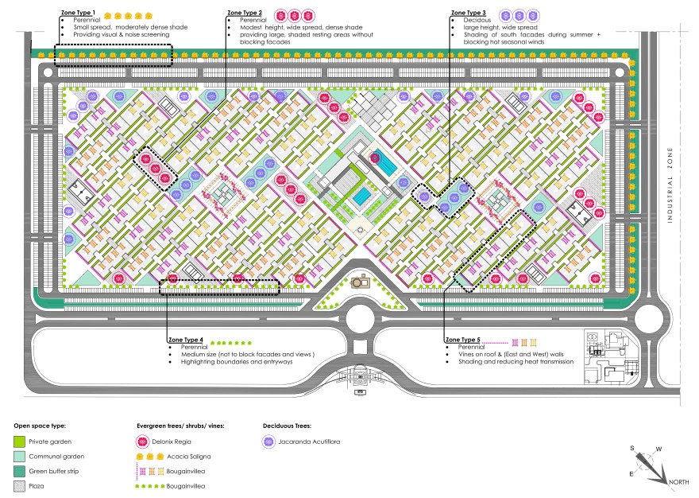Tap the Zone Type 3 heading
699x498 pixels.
pos(469,14)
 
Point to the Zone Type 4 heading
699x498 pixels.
pos(187,340)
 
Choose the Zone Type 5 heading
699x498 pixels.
pos(464,340)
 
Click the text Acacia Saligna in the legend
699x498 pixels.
pos(188,457)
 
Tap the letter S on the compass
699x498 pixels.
pos(633,449)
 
